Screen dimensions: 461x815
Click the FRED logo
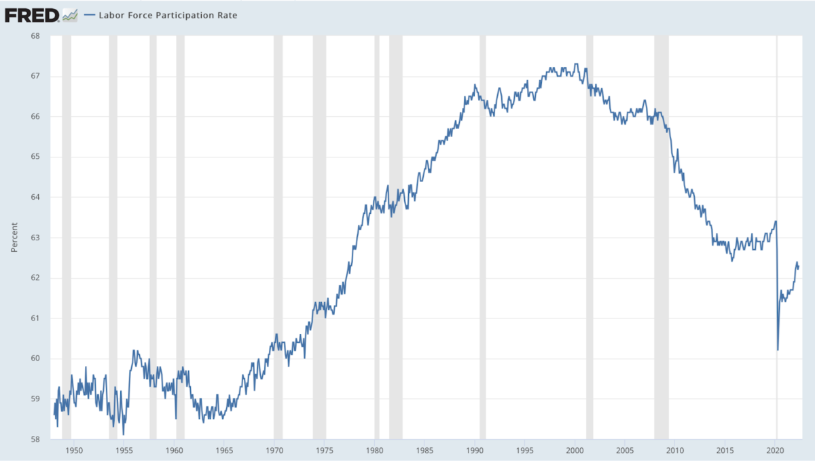click(x=31, y=14)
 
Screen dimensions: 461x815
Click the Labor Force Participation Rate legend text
click(x=168, y=14)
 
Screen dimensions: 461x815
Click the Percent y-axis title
click(x=14, y=237)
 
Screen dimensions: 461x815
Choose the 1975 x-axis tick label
click(x=325, y=450)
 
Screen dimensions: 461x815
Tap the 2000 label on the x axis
click(x=575, y=450)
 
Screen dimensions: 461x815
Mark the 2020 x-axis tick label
click(x=776, y=450)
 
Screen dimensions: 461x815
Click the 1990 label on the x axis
click(x=475, y=450)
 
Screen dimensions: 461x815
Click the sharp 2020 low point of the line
click(x=778, y=350)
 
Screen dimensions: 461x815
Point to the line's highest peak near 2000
click(x=576, y=64)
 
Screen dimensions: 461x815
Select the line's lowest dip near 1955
click(x=123, y=434)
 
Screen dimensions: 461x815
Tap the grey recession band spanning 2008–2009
click(x=661, y=238)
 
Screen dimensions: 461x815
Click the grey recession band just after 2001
click(x=590, y=238)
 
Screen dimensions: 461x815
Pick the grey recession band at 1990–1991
click(x=483, y=238)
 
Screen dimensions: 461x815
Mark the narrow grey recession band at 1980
click(x=377, y=238)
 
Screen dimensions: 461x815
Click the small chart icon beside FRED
click(x=69, y=14)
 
